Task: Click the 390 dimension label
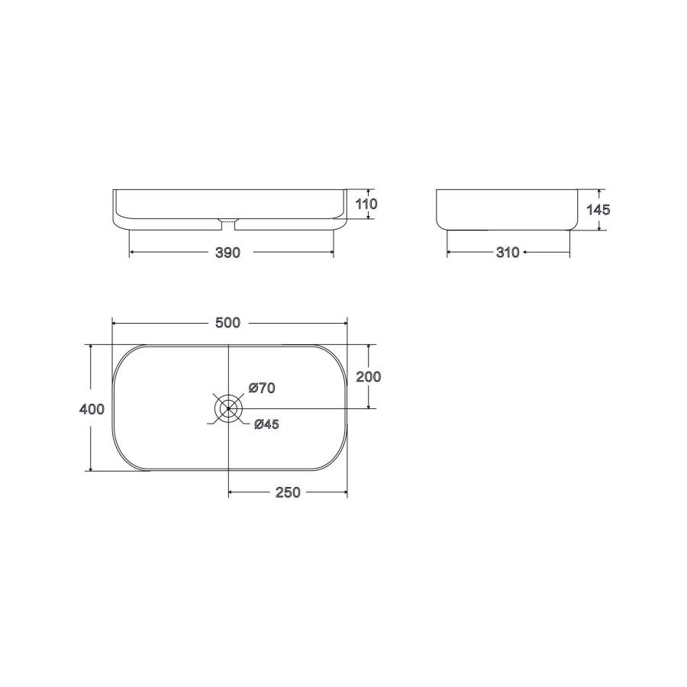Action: click(227, 253)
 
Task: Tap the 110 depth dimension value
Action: click(366, 204)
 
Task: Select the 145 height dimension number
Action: click(598, 210)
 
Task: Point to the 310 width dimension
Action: click(508, 253)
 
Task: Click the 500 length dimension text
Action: click(227, 323)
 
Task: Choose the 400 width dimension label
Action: click(92, 409)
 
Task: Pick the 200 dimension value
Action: click(369, 376)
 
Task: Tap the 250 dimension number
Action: click(288, 492)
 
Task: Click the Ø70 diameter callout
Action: click(262, 388)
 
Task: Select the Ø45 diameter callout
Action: click(266, 424)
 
